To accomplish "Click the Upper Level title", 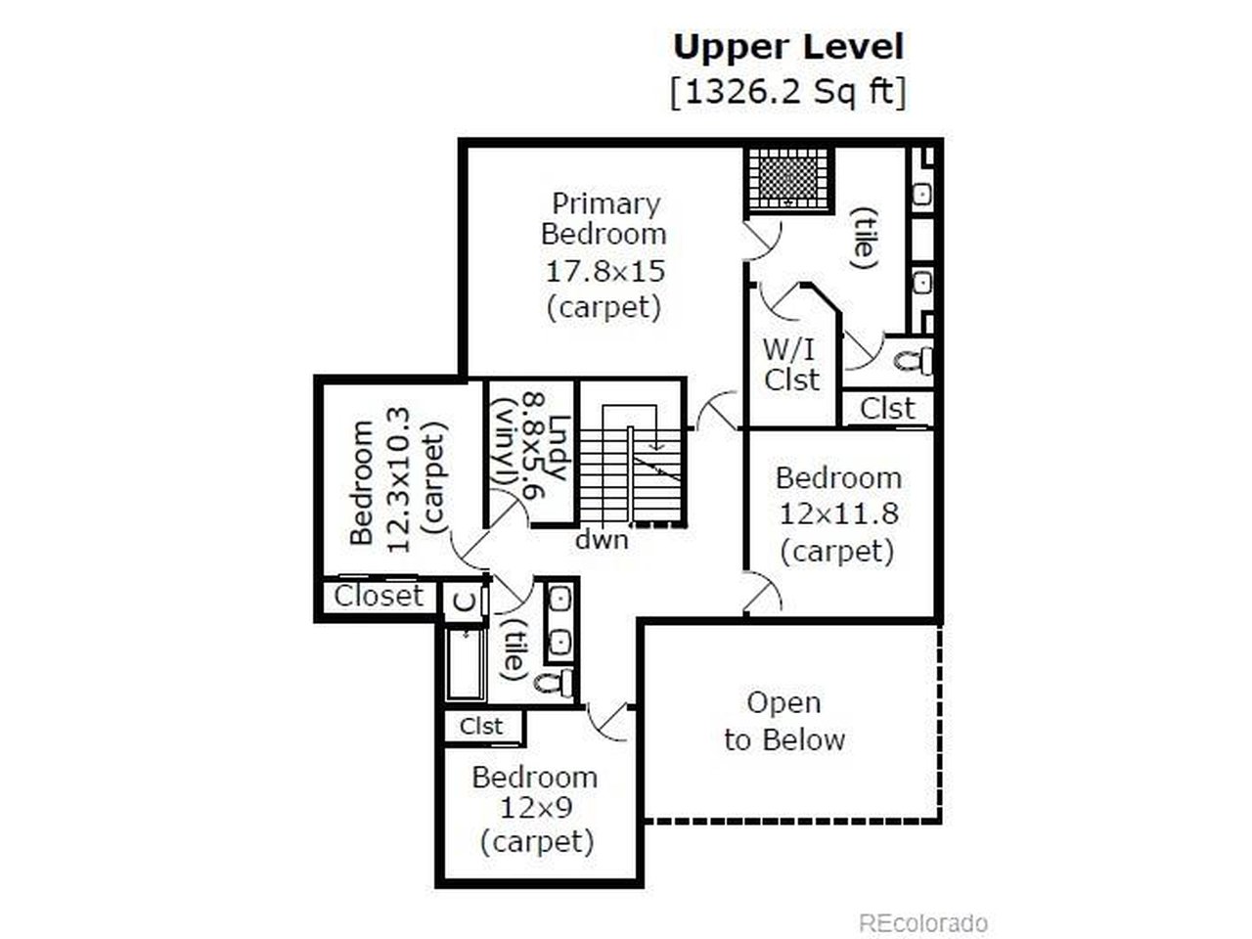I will click(x=788, y=47).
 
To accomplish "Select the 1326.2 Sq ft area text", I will click(x=788, y=92).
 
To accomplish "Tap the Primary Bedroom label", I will click(x=604, y=219).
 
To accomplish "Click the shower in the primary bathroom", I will click(x=788, y=182).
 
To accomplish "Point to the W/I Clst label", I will click(x=790, y=364).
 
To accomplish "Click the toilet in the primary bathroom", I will click(x=913, y=361).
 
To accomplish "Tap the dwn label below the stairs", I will click(x=601, y=539).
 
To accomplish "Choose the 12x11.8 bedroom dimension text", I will click(x=838, y=514).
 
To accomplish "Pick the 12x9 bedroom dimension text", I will click(x=536, y=809).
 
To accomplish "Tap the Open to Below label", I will click(x=783, y=721).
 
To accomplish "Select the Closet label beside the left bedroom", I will click(x=379, y=596).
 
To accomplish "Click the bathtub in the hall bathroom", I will click(x=466, y=664).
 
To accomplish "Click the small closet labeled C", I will click(x=465, y=600).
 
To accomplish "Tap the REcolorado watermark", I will click(x=923, y=922).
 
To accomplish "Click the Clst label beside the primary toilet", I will click(x=887, y=408).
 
